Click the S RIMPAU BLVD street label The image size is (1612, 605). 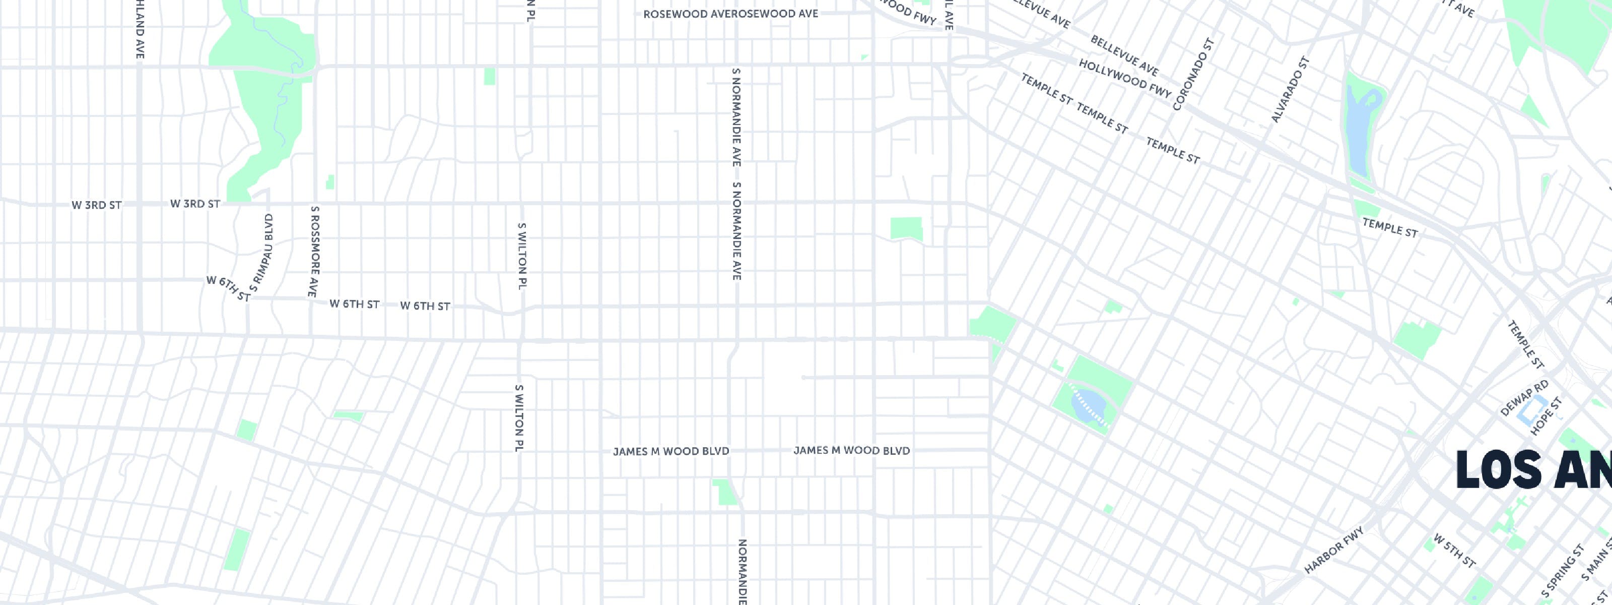[x=261, y=253]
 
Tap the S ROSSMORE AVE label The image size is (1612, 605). [x=314, y=251]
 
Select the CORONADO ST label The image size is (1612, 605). [x=1194, y=75]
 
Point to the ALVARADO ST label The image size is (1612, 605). [x=1290, y=90]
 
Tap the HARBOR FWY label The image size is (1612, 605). [x=1333, y=551]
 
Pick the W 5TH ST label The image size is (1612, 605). [x=1455, y=551]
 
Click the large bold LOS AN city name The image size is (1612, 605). [x=1533, y=470]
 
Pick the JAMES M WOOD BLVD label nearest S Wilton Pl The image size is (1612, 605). [x=671, y=451]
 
